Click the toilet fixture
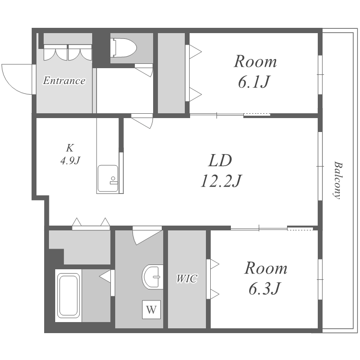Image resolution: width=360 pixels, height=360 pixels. pos(123,48)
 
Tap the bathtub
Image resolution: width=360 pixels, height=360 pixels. pos(68,295)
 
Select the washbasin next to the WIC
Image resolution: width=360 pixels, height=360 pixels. pos(153,276)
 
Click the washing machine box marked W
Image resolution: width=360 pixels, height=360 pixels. pos(151,310)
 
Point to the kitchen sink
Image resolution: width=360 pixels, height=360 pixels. pos(108,179)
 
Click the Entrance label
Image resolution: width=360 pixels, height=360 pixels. pos(64,81)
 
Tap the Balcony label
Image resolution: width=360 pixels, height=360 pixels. pos(338,180)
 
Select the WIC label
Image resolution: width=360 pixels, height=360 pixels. pos(187,278)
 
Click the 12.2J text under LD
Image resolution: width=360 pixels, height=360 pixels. pos(221,181)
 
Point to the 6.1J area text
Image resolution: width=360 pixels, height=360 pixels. pos(253,82)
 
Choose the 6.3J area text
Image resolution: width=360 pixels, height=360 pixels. pos(264,288)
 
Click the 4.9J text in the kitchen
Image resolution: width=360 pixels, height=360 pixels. pos(70,161)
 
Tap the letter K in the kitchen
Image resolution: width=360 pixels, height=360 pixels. pos(70,148)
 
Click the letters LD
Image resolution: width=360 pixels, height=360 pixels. pos(220,160)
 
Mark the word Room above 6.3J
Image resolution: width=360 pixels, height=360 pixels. pos(265,268)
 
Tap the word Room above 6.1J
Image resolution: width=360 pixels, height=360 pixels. pos(255,61)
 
